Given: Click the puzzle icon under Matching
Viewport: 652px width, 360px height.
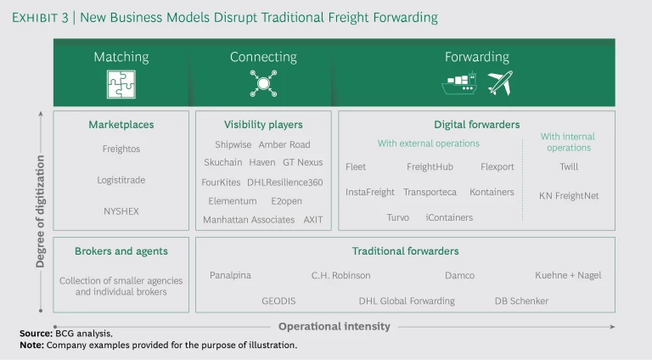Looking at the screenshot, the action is (x=121, y=84).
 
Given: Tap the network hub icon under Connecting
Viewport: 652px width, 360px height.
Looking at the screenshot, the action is (x=263, y=83).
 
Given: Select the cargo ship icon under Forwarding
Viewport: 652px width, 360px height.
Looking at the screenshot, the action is (x=459, y=83).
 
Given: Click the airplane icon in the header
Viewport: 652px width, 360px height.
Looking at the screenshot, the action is (x=500, y=83).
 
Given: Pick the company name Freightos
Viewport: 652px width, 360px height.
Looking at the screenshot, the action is (x=121, y=149).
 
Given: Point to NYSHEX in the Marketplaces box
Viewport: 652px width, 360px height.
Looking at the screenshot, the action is (x=121, y=211).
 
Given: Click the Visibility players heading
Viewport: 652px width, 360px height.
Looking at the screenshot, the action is (x=263, y=125).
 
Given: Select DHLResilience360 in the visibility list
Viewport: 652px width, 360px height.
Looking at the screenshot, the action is (x=285, y=183).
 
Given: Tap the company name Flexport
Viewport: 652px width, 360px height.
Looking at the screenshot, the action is (x=497, y=166).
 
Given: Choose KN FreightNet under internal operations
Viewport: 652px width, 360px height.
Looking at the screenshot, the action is (x=569, y=196).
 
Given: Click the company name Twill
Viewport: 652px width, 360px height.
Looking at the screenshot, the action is (x=569, y=166).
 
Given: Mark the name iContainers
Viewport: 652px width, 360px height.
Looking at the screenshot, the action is (x=449, y=217).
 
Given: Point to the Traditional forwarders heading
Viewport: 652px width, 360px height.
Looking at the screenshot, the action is (x=406, y=251).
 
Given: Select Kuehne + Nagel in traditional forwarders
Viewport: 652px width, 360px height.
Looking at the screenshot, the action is (x=568, y=275).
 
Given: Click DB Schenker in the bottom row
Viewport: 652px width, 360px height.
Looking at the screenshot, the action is (x=521, y=301).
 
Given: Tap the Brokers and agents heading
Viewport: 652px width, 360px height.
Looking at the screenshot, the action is (x=121, y=251).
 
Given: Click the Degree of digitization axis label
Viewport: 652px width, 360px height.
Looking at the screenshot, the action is (x=40, y=211).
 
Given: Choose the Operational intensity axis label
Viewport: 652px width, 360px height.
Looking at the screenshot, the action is (x=334, y=326).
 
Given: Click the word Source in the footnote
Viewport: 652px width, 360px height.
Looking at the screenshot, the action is (x=37, y=334).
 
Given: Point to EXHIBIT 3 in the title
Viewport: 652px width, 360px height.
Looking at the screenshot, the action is (x=40, y=18).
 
